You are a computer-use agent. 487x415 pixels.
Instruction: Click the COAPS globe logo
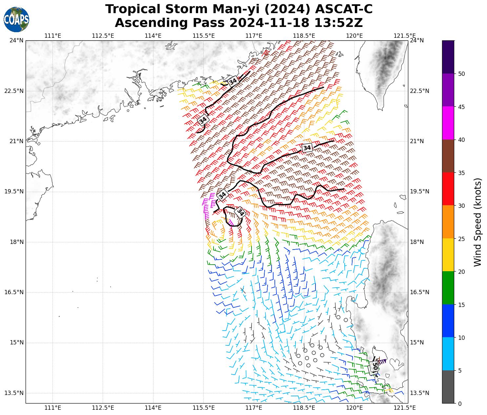coord(16,19)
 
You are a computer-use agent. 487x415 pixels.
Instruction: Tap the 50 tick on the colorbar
coord(461,74)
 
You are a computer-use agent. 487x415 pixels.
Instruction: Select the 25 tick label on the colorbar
coord(461,239)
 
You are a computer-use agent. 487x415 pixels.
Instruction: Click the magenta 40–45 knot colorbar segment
coord(448,123)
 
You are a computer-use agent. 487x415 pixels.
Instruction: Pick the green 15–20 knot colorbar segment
coord(448,288)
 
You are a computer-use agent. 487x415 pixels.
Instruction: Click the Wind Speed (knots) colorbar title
coord(478,222)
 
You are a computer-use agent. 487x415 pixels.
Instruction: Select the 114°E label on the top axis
coord(153,36)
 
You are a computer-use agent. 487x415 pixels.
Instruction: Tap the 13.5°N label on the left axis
coord(14,393)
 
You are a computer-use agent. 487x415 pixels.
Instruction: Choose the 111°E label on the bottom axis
coord(52,408)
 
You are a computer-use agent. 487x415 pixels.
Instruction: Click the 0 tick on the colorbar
coord(460,404)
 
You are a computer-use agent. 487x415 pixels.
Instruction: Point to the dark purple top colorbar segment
coord(448,57)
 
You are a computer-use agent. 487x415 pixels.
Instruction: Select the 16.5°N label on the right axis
coord(419,292)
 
